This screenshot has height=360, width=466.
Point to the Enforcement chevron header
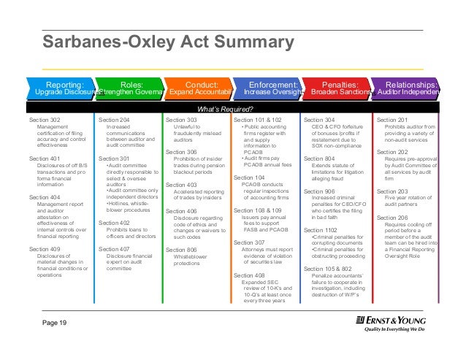(267, 88)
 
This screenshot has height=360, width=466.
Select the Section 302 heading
(45, 119)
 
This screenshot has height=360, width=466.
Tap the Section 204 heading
(114, 119)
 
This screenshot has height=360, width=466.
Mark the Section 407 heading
(114, 249)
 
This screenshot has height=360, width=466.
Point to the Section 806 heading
(182, 250)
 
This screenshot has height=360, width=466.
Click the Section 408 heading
(249, 275)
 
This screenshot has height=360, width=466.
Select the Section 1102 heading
(321, 230)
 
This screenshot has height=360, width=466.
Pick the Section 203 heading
(391, 191)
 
